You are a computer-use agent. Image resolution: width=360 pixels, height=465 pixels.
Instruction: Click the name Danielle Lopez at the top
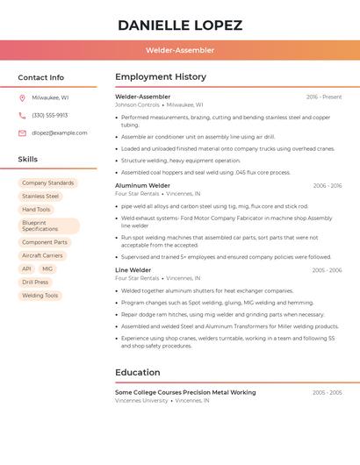pyautogui.click(x=180, y=25)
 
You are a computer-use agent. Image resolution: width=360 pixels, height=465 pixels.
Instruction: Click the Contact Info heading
pyautogui.click(x=41, y=77)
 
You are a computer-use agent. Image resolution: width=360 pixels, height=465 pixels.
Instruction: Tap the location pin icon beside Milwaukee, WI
pyautogui.click(x=22, y=97)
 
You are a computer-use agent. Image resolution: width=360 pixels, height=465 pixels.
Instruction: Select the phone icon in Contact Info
pyautogui.click(x=22, y=115)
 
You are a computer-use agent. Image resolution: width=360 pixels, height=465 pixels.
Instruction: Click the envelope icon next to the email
pyautogui.click(x=22, y=132)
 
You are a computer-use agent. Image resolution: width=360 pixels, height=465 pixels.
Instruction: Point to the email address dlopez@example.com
pyautogui.click(x=60, y=132)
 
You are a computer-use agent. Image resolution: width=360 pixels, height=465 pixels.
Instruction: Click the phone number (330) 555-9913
pyautogui.click(x=50, y=115)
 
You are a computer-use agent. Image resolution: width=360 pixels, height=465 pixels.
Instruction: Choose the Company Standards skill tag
pyautogui.click(x=48, y=182)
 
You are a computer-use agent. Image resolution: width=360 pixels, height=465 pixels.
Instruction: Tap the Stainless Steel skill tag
pyautogui.click(x=40, y=196)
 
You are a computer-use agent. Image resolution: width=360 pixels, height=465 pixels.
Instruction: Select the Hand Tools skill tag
pyautogui.click(x=36, y=209)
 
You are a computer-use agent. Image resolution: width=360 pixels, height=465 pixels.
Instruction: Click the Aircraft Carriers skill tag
pyautogui.click(x=43, y=255)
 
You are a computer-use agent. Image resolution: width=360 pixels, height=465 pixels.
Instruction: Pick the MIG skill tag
pyautogui.click(x=47, y=268)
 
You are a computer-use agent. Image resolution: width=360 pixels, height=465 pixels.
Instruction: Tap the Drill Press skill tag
pyautogui.click(x=35, y=282)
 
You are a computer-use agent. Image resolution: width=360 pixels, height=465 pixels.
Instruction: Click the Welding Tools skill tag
pyautogui.click(x=40, y=295)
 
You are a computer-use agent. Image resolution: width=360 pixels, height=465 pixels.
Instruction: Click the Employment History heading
pyautogui.click(x=161, y=77)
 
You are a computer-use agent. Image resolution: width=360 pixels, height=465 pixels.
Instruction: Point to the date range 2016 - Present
pyautogui.click(x=324, y=97)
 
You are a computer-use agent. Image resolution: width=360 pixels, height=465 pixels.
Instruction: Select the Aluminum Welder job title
pyautogui.click(x=142, y=185)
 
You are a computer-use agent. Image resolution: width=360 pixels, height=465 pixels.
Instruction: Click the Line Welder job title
pyautogui.click(x=133, y=269)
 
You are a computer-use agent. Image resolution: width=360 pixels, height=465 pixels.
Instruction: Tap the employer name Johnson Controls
pyautogui.click(x=137, y=104)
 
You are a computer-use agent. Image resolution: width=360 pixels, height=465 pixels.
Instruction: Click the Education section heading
pyautogui.click(x=137, y=372)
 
